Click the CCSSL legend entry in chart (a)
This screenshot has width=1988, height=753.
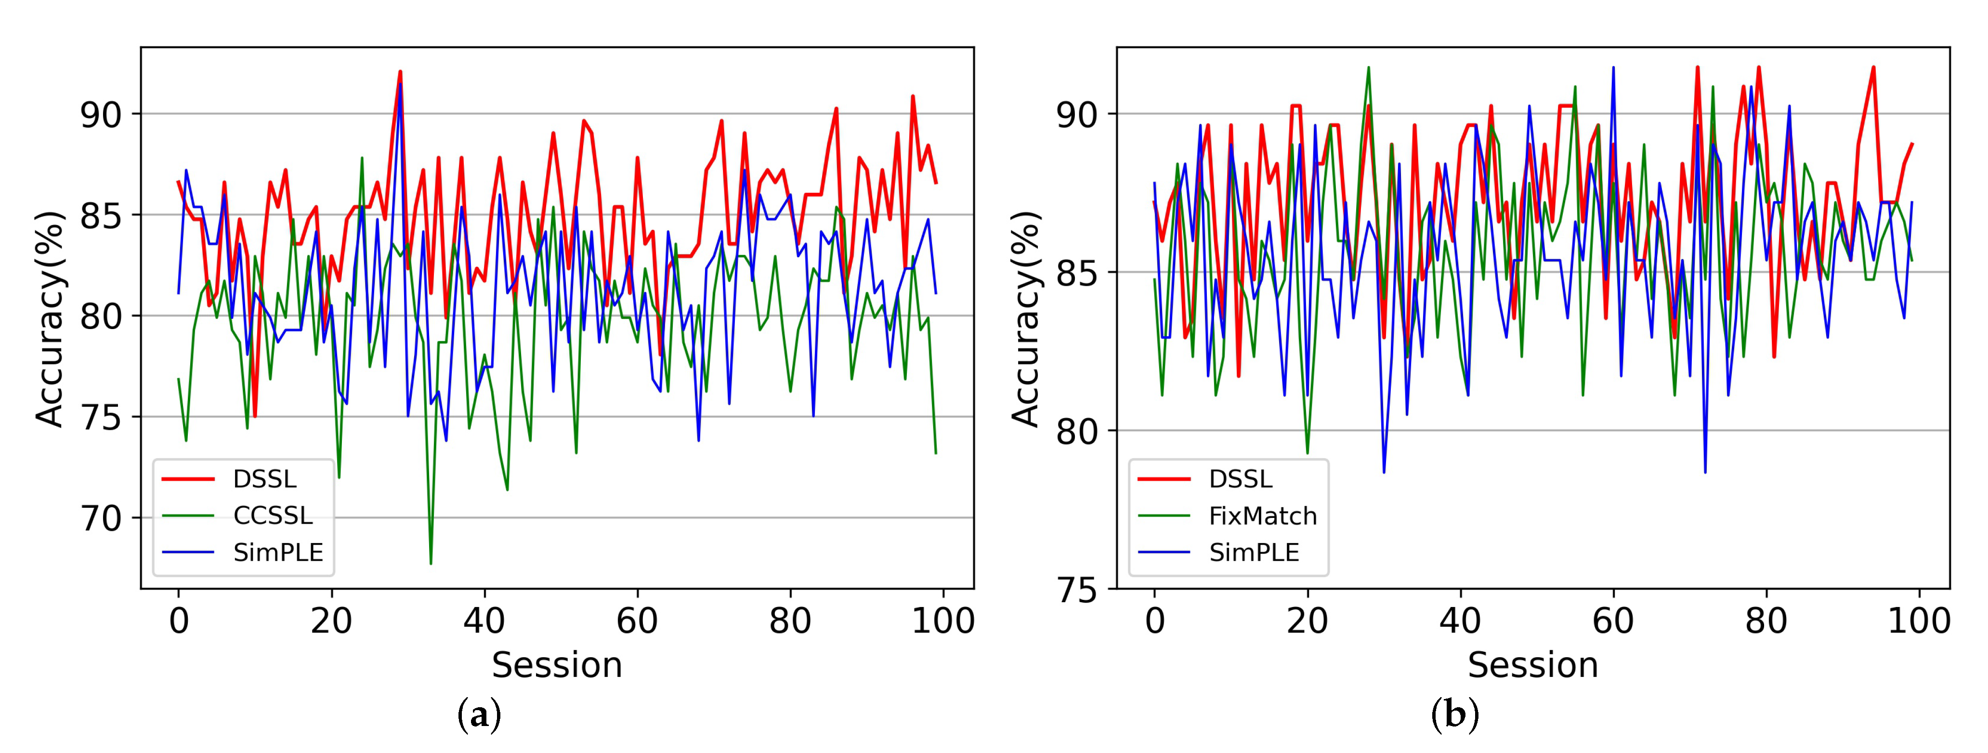click(x=273, y=515)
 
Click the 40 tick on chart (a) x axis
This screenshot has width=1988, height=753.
click(x=484, y=620)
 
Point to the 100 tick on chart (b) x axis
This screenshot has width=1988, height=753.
click(x=1919, y=620)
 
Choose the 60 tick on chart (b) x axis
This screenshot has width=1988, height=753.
click(x=1613, y=620)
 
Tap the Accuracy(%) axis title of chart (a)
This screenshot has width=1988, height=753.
click(x=50, y=318)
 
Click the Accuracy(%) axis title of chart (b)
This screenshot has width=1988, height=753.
click(x=1026, y=318)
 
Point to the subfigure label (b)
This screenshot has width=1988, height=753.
click(x=1455, y=715)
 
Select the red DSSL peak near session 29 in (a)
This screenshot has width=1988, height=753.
click(x=400, y=72)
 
